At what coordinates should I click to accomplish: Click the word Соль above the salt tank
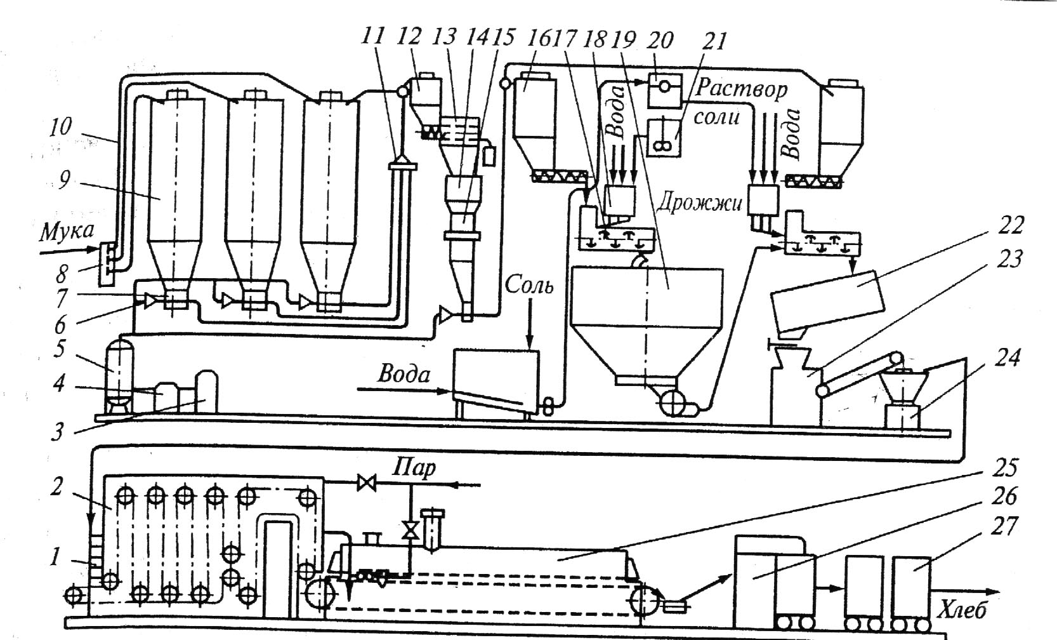point(529,286)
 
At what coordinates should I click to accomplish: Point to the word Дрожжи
point(700,203)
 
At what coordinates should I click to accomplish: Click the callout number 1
point(56,557)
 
